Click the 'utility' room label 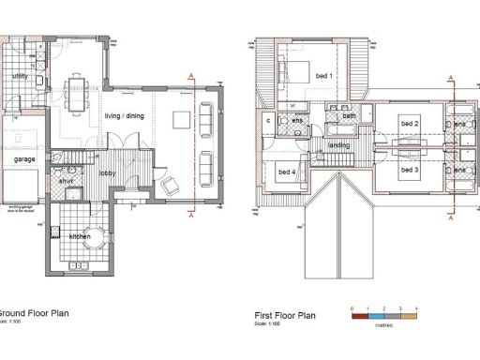20,77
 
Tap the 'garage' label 24,160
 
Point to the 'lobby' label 108,172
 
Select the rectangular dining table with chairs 75,92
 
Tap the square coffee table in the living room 181,119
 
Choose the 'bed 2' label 409,124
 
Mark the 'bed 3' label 409,172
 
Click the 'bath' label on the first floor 349,115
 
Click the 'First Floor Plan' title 286,317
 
